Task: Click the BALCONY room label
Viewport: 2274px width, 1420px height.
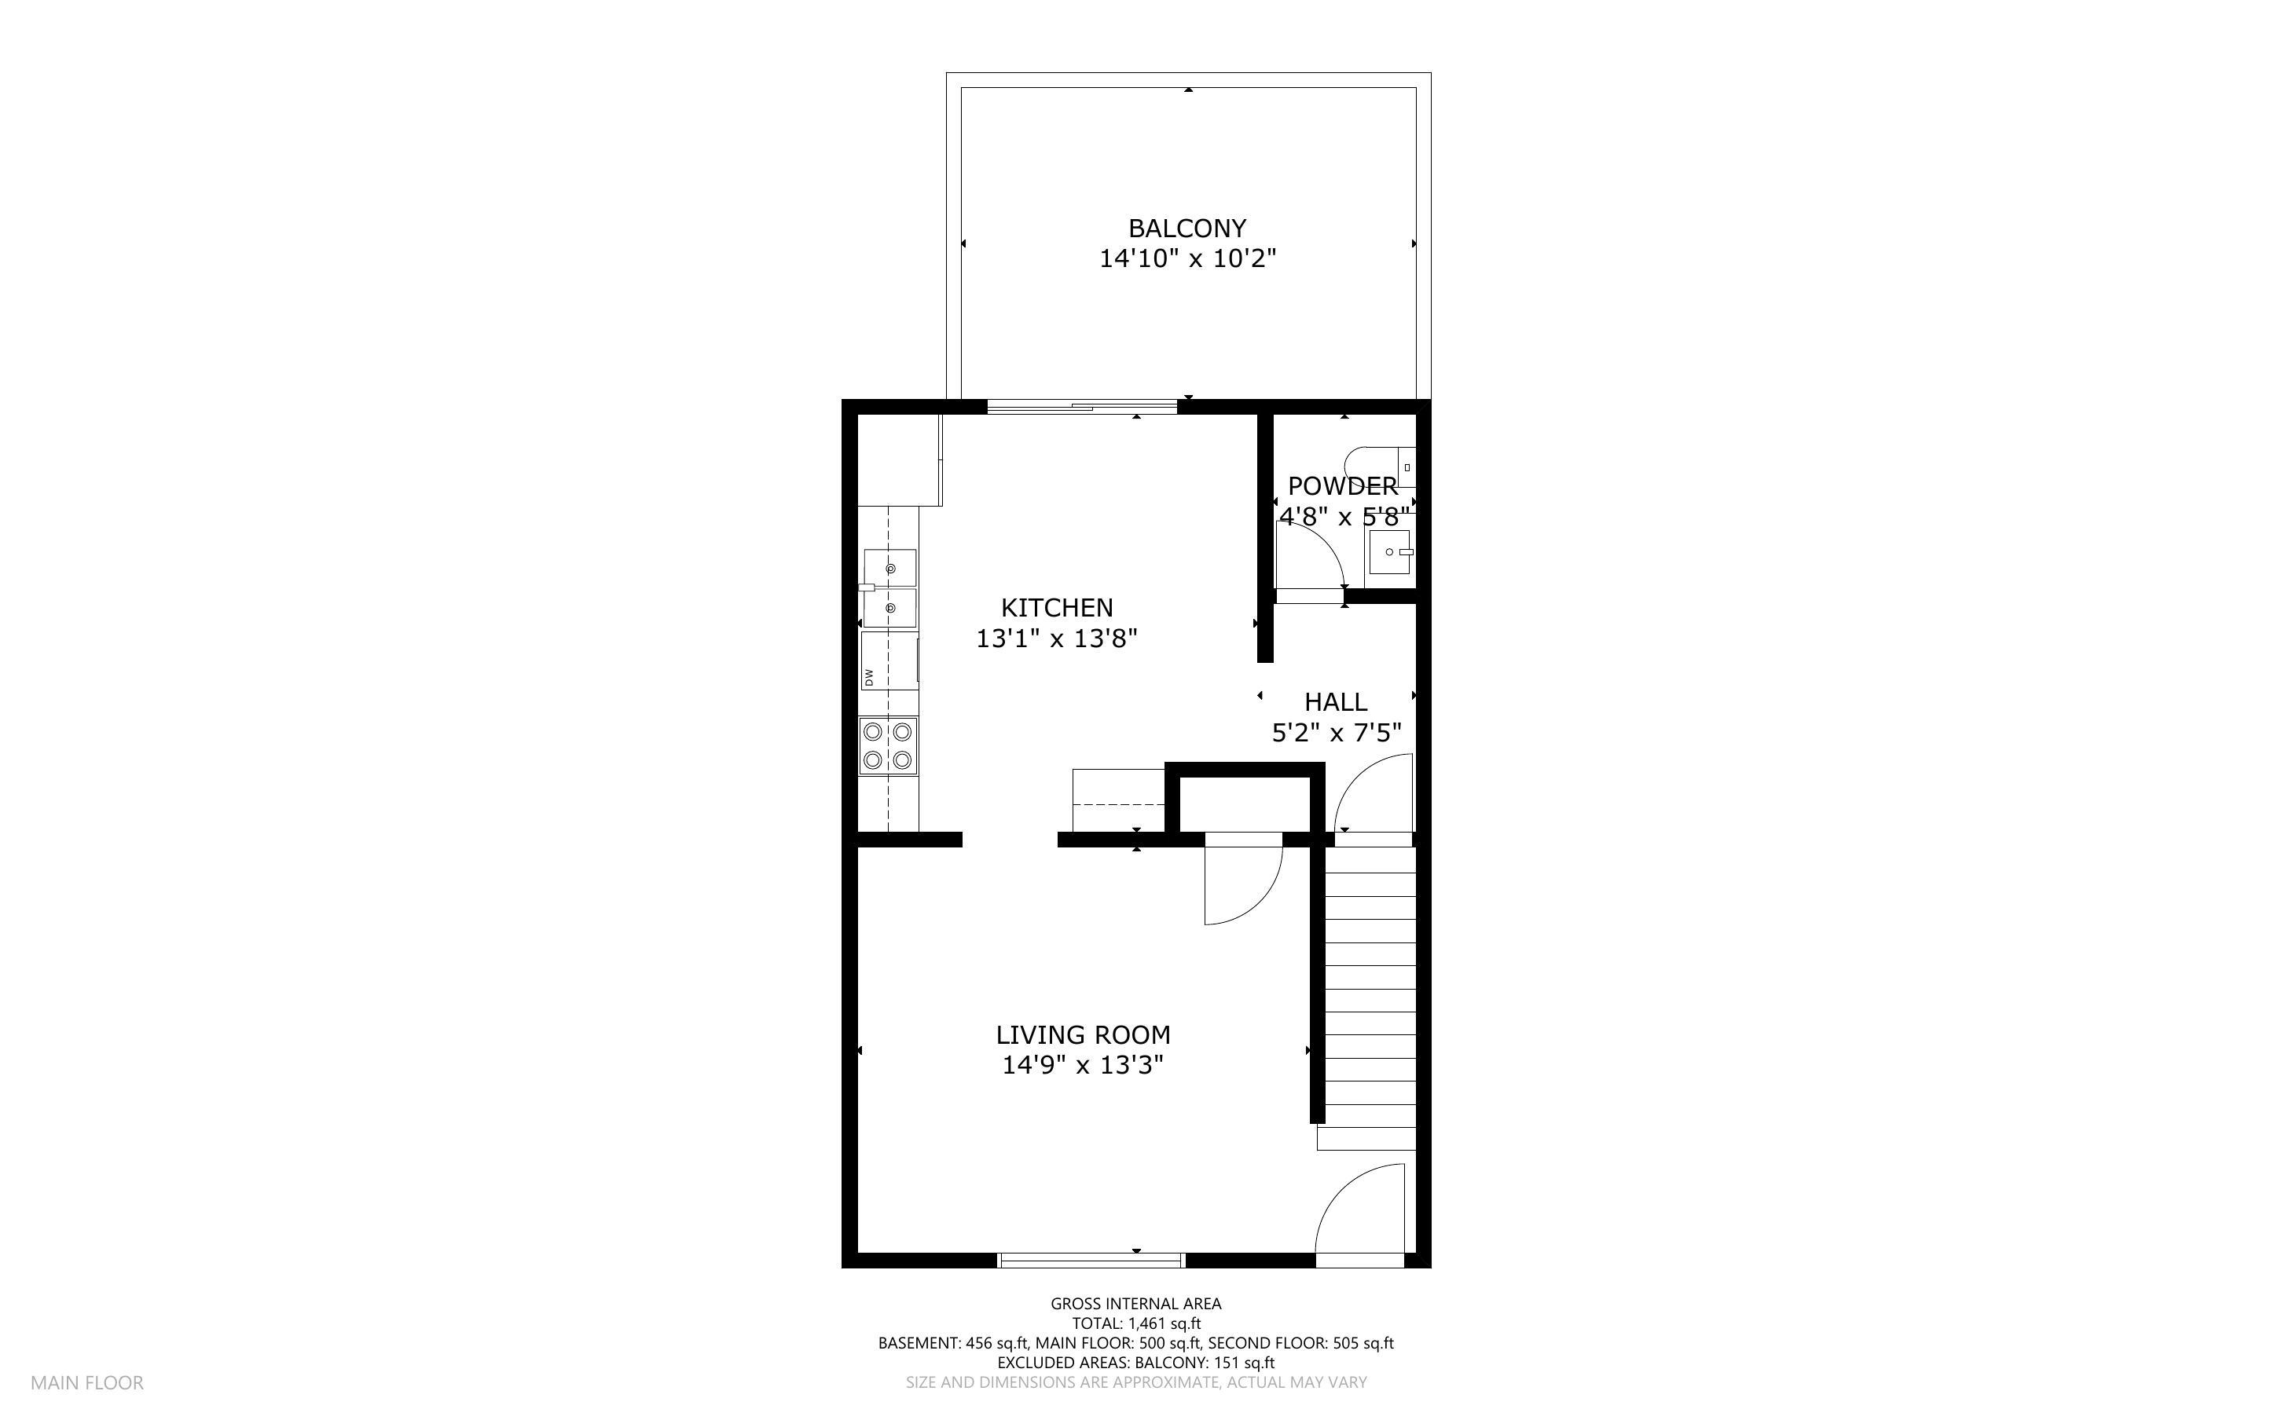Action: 1187,229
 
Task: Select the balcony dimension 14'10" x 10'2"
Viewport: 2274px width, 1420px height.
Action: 1187,258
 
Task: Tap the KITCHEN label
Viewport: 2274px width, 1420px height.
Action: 1057,608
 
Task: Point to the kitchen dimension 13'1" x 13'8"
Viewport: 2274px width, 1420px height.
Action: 1057,639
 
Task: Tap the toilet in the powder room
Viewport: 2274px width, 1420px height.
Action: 1379,466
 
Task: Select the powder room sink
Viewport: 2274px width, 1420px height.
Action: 1390,552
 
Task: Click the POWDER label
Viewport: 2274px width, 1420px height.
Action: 1342,486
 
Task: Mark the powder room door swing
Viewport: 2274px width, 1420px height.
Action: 1311,562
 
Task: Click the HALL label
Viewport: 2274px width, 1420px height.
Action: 1335,701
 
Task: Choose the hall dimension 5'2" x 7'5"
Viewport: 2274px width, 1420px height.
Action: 1336,733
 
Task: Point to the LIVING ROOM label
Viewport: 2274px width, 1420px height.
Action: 1083,1035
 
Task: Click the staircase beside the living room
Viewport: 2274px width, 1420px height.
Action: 1370,996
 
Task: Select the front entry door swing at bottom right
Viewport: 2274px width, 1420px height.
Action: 1362,1212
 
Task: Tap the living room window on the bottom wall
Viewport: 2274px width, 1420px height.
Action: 1091,1261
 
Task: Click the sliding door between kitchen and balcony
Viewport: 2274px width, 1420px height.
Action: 1081,407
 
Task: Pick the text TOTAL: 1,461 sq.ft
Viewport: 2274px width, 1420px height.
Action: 1135,1323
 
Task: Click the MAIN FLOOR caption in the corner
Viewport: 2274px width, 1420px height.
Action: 86,1382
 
